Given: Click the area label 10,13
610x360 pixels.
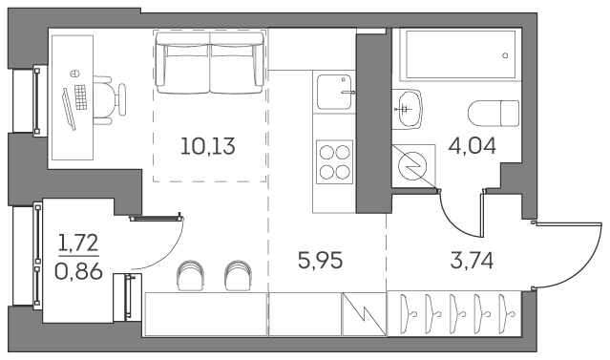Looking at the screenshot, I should point(208,147).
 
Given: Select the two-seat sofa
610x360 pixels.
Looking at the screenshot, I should point(211,63).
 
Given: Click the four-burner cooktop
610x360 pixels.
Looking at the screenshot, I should point(333,159).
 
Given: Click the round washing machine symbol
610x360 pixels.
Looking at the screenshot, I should point(413,165).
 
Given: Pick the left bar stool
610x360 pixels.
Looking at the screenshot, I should point(191,274).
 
